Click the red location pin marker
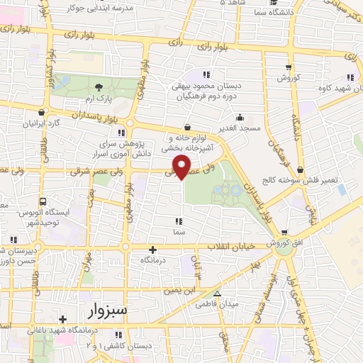[183, 167]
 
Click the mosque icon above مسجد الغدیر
[240, 118]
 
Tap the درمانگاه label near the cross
[153, 261]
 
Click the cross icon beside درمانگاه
[153, 250]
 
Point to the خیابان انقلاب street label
[230, 247]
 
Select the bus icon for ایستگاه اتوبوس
[43, 201]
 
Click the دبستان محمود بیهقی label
[209, 85]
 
